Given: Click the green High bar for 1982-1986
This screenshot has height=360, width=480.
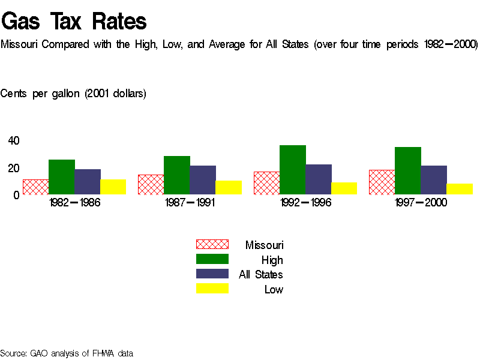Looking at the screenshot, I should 61,177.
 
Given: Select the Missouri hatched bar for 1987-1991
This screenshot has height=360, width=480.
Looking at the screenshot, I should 151,185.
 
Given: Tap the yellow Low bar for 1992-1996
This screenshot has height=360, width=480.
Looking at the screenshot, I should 344,188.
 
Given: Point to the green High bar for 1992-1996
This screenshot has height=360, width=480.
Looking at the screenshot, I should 292,170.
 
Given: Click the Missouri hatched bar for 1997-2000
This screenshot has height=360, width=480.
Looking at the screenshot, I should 382,182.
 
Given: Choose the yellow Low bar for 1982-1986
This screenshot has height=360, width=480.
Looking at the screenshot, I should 113,187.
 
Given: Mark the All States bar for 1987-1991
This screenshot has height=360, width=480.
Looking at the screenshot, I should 203,180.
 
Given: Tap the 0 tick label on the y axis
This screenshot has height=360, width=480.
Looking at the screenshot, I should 17,195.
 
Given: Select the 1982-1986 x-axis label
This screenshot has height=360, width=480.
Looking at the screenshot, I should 74,203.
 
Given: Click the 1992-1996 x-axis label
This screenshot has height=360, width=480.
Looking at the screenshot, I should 305,203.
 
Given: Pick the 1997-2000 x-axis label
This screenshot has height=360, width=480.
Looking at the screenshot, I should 421,203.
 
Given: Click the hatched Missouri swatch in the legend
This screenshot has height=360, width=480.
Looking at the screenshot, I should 212,244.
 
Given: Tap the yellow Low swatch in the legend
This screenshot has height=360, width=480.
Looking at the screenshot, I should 212,289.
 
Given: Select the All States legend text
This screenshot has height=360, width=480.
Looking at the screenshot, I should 261,275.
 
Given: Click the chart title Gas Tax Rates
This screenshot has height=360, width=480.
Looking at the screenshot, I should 74,22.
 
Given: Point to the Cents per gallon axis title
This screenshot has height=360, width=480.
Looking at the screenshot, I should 73,94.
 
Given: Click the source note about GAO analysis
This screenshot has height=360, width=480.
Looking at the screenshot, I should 67,353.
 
